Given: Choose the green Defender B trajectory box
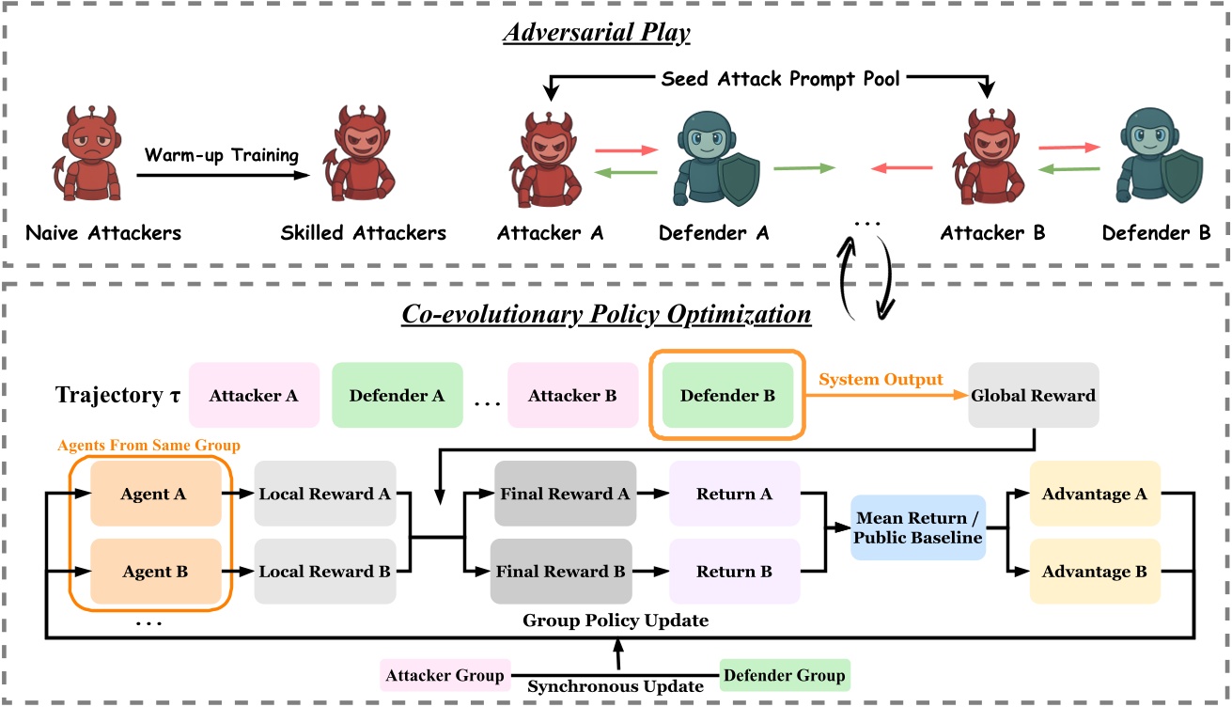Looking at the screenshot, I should (726, 396).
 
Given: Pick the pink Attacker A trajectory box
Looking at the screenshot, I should (254, 396).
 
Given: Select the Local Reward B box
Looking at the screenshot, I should (325, 571).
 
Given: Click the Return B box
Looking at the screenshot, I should (735, 571).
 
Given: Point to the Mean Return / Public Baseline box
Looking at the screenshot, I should (917, 527).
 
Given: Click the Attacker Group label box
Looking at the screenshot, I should (444, 674).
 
